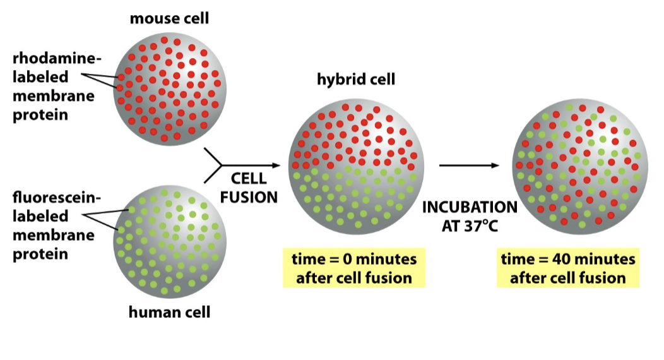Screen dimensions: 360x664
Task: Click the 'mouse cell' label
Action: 169,18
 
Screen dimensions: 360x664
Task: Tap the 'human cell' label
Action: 169,311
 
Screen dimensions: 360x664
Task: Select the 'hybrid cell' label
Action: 356,80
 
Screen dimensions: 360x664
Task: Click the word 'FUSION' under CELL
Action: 249,196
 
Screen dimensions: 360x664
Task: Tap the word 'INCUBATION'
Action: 470,207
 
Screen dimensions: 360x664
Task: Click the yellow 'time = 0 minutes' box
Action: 353,268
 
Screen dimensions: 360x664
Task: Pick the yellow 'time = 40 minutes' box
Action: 568,268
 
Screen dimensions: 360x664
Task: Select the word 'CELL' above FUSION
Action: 249,178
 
